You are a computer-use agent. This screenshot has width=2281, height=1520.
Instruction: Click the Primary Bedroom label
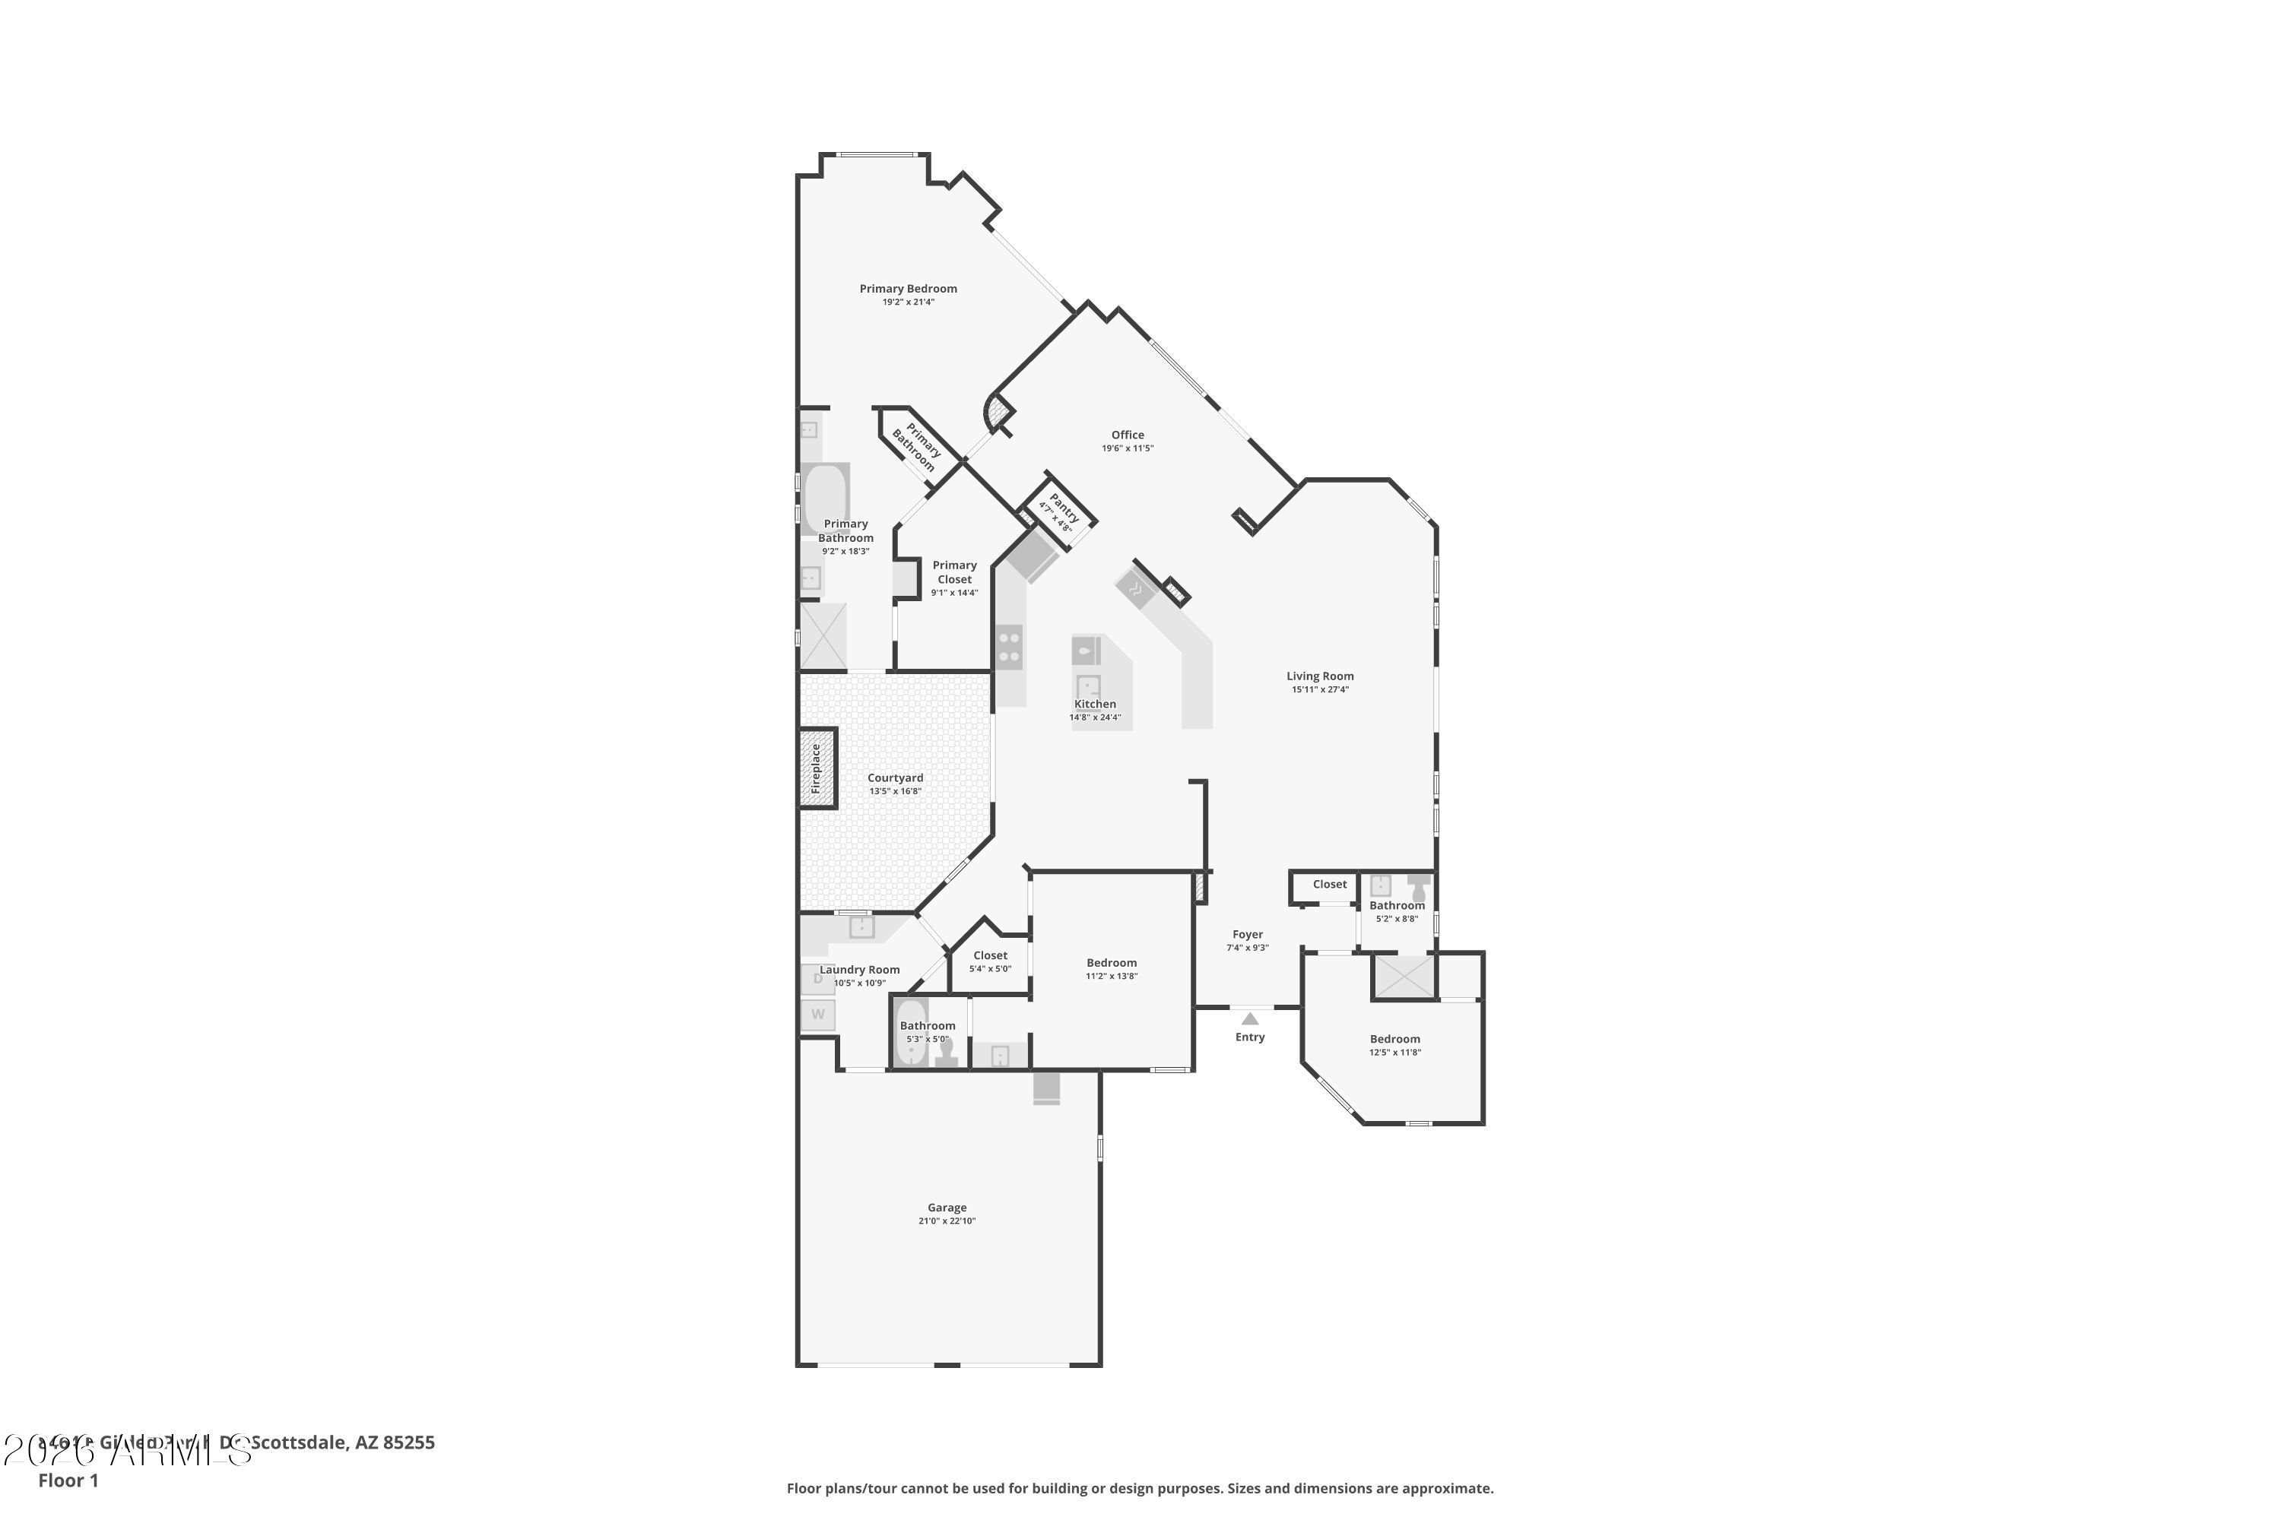tap(908, 289)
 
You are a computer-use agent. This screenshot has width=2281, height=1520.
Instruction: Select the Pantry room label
tap(1063, 507)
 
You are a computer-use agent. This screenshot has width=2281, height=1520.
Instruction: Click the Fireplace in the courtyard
tap(817, 768)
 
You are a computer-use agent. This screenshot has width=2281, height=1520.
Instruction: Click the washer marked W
tap(817, 1015)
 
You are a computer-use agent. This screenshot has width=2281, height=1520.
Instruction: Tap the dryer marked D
tap(817, 979)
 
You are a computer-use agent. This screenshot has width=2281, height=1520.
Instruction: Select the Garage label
tap(947, 1208)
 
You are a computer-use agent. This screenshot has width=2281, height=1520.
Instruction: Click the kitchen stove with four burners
tap(1009, 648)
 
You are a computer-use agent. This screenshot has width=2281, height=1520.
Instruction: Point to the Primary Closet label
tap(954, 572)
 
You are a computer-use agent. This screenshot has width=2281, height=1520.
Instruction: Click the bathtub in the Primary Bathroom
tap(825, 499)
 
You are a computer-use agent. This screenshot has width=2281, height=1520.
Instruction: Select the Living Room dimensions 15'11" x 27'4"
tap(1320, 690)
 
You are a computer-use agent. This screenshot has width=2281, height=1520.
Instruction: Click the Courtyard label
tap(895, 778)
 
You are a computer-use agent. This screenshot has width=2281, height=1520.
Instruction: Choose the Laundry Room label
tap(859, 970)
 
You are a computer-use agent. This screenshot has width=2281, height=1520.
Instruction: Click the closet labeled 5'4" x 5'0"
tap(990, 961)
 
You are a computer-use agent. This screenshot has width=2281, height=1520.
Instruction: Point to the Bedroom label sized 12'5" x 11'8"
tap(1394, 1039)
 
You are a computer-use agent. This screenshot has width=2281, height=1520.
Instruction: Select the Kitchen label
tap(1095, 705)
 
